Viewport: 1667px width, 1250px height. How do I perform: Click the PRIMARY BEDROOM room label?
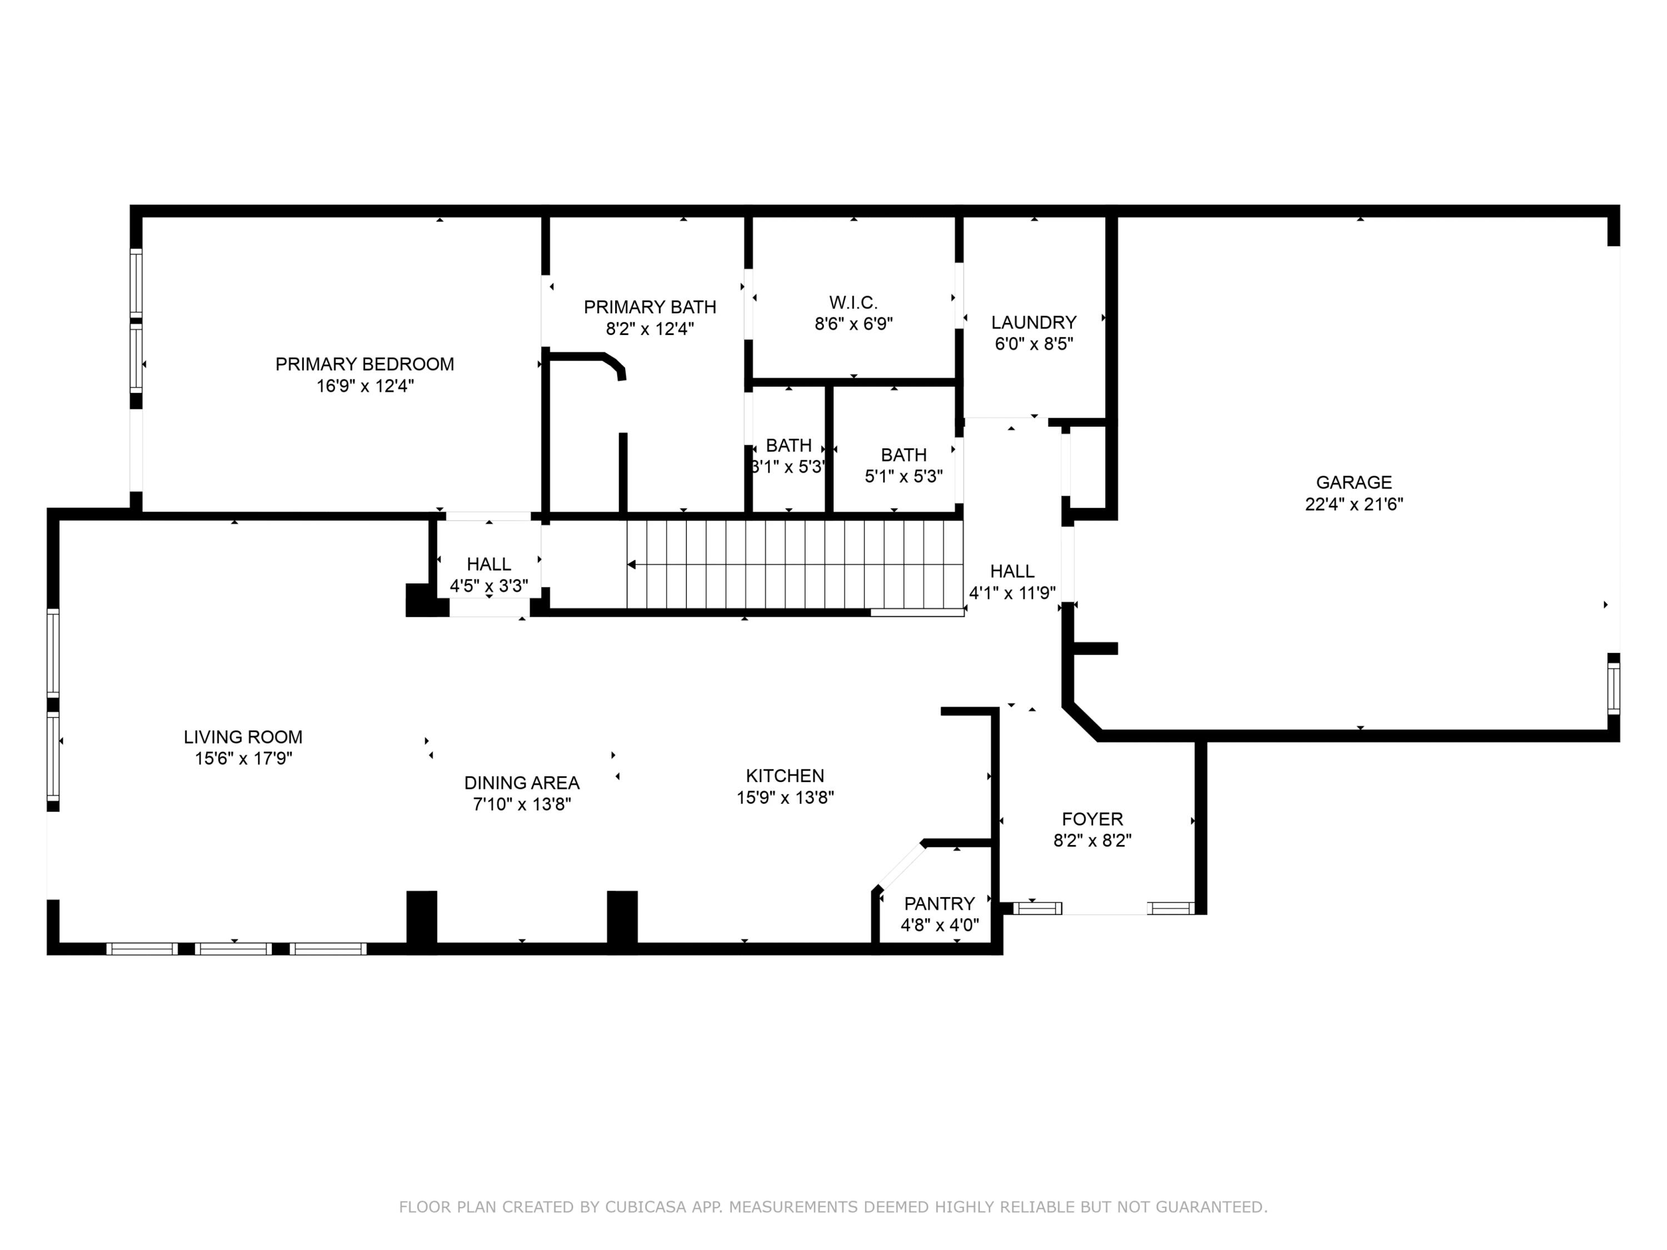(x=364, y=364)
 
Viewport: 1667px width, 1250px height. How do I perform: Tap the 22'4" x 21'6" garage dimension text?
(x=1354, y=504)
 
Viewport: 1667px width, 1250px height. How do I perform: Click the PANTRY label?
(x=939, y=903)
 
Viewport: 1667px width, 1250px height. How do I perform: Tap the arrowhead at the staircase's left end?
(x=632, y=564)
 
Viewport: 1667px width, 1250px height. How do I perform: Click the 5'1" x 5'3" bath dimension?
(x=903, y=476)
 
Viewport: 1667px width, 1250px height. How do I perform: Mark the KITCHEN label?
(x=785, y=776)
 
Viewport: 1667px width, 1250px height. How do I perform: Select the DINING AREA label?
(x=522, y=783)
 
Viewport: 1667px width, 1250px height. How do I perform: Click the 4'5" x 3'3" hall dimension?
(x=488, y=586)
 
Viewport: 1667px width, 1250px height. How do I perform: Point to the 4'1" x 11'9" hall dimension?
(x=1011, y=593)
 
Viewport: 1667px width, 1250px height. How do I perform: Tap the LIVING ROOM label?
(x=243, y=737)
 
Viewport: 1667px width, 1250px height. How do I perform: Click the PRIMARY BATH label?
(x=650, y=307)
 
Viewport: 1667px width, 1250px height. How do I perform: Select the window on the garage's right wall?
(x=1613, y=687)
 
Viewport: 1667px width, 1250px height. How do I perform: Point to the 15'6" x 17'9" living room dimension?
(x=243, y=758)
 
